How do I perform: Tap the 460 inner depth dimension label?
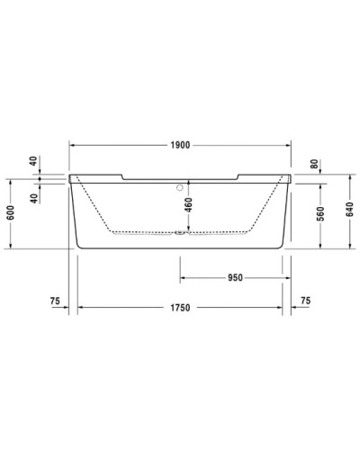pos(189,209)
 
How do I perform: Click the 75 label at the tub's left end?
pos(56,300)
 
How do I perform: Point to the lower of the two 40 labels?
pos(34,198)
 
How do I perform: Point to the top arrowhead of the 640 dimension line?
pos(349,176)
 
